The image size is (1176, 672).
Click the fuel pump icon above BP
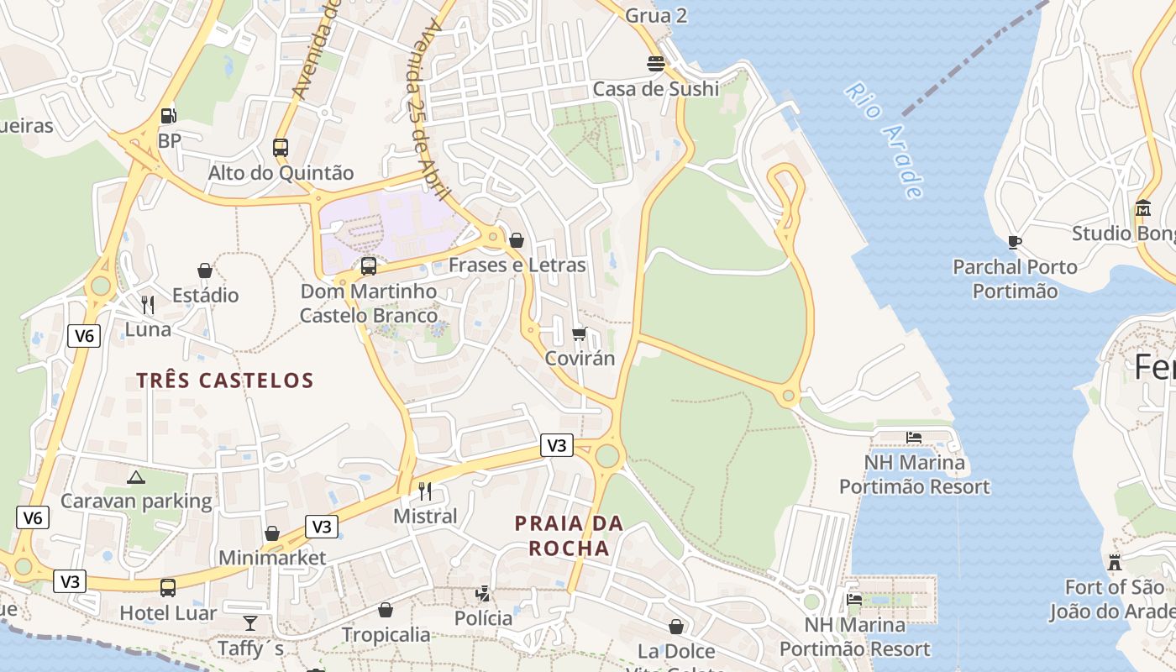(169, 115)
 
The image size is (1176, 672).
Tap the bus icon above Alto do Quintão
(281, 148)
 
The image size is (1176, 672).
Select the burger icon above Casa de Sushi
(656, 63)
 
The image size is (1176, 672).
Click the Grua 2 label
(657, 15)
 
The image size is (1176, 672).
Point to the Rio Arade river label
(885, 139)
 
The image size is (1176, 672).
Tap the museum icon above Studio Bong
(1143, 207)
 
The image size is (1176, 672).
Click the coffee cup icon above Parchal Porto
(1015, 243)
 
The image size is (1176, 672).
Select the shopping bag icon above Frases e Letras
(517, 240)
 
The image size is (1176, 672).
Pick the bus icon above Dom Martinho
(368, 266)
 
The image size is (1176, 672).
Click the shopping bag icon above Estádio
(205, 270)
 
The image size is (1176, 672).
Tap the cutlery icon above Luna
(148, 304)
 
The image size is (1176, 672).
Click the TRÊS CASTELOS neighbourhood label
(225, 381)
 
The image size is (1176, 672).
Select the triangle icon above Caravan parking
(136, 477)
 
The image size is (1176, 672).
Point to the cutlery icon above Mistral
(425, 491)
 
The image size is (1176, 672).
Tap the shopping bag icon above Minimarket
(272, 533)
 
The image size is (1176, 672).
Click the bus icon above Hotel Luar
(168, 587)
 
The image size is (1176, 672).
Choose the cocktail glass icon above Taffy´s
(250, 623)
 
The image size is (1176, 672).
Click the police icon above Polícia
(483, 594)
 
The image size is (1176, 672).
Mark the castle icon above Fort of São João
(1115, 562)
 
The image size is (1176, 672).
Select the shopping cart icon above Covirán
(579, 334)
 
